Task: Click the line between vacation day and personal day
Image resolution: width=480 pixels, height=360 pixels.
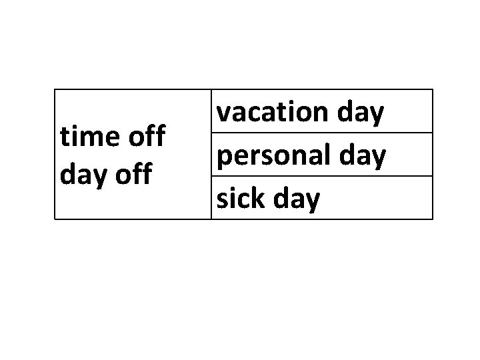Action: coord(322,133)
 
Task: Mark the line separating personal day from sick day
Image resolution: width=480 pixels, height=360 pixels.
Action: coord(322,176)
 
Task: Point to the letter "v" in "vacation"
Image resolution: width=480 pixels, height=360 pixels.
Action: coord(225,113)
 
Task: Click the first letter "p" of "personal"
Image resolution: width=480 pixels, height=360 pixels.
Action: coord(225,158)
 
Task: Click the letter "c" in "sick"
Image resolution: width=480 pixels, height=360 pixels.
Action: coord(245,199)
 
